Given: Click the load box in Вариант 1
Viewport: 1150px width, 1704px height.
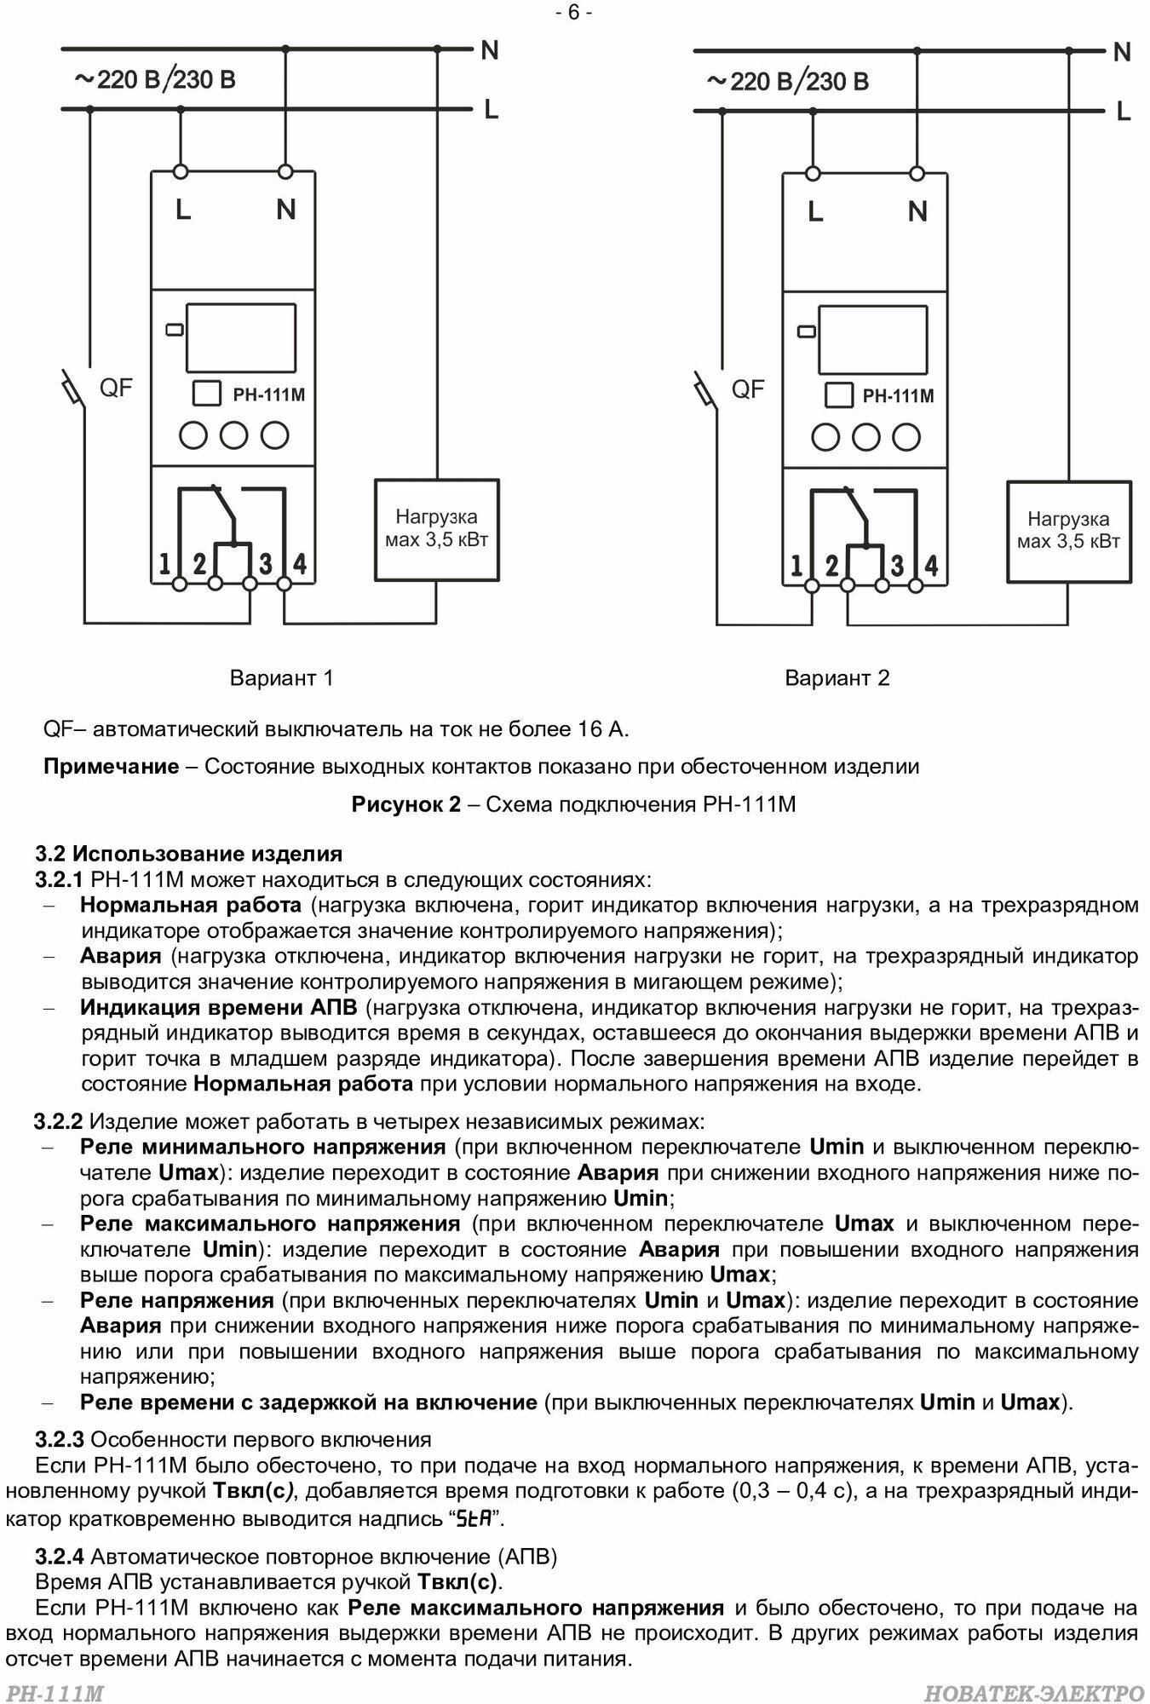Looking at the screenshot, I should (437, 530).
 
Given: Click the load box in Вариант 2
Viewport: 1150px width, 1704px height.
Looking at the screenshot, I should (1069, 531).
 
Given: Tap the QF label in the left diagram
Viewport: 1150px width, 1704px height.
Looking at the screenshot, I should (117, 389).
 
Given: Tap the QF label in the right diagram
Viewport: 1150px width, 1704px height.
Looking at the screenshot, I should (748, 390).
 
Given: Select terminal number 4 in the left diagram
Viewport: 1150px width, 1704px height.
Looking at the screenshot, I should (299, 563).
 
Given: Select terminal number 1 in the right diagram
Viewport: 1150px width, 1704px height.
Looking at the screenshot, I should (796, 565).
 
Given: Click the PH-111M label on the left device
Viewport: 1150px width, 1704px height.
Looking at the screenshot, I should (268, 394).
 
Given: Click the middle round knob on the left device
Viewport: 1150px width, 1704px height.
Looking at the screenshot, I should (234, 435).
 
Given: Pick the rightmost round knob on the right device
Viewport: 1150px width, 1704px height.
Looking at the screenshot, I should (906, 437).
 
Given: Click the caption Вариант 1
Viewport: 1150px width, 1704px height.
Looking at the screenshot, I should (281, 677).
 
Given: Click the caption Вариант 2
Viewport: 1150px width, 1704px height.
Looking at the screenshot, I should (837, 677).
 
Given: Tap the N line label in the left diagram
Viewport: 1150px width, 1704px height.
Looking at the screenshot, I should (490, 51).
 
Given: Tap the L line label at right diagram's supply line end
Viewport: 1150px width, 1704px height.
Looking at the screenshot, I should (1124, 112).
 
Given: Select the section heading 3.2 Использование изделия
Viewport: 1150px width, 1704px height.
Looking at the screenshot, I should (189, 853).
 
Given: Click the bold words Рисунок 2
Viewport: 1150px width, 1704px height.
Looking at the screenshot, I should (405, 804).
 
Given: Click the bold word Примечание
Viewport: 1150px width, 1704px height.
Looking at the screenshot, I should (112, 766).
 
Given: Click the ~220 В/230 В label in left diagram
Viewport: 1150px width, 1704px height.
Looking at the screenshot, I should (155, 81).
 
